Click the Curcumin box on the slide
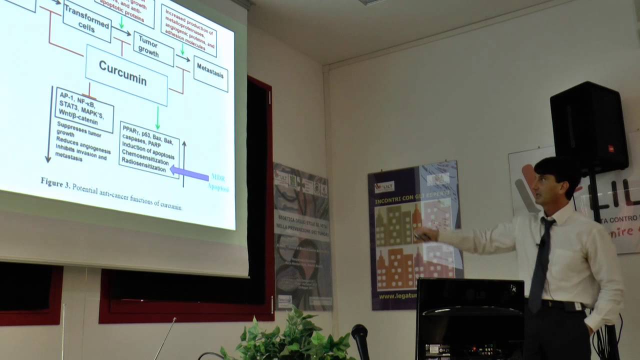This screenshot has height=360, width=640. [x=126, y=75]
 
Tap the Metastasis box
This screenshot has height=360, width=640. [x=210, y=73]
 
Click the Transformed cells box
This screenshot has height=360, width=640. [x=87, y=20]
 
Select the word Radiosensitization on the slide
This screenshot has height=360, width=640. [x=143, y=168]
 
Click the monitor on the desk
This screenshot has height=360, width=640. [x=470, y=318]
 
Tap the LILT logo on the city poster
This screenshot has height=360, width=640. [x=384, y=186]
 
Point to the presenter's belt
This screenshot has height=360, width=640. [x=563, y=304]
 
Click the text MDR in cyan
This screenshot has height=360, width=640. [x=218, y=177]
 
